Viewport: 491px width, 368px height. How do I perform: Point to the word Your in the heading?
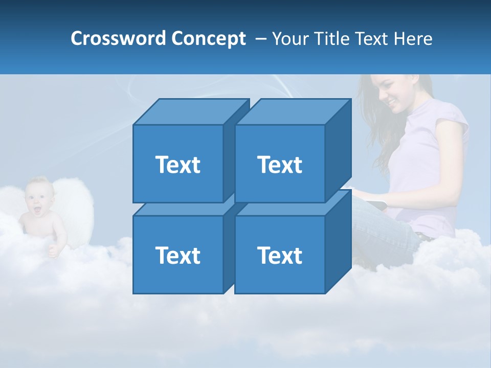291,39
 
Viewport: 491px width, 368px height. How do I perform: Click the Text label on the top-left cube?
177,165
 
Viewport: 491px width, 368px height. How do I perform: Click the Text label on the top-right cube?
280,165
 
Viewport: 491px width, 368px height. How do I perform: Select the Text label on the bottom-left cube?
177,255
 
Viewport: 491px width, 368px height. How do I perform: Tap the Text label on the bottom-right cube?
280,255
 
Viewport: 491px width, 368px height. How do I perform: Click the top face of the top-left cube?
190,111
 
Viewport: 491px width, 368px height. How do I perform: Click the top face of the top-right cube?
293,111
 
